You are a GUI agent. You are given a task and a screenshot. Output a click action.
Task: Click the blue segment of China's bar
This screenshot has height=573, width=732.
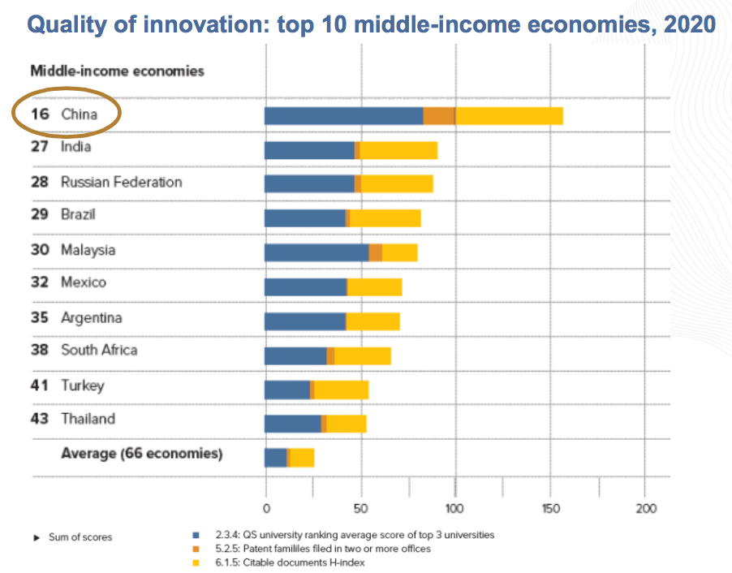(x=343, y=115)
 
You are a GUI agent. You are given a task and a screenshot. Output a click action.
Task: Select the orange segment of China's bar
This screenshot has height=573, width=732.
(x=439, y=115)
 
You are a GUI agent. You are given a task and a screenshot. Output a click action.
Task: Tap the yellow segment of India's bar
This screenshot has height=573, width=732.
(x=398, y=150)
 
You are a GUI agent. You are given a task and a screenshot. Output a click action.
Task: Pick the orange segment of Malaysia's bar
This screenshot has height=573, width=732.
(x=376, y=252)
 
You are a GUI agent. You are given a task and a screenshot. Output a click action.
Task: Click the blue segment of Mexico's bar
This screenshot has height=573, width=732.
(x=305, y=286)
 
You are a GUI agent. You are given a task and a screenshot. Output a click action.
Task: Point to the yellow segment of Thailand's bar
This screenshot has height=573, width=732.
(x=347, y=423)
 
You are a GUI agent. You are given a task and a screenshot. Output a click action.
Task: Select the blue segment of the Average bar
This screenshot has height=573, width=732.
(x=275, y=458)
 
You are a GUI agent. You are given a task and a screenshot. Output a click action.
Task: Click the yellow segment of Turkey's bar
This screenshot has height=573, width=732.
(x=341, y=390)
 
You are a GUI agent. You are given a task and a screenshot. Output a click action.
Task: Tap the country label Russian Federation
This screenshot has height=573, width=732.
(x=122, y=182)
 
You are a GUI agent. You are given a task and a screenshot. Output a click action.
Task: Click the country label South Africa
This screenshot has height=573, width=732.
(x=99, y=350)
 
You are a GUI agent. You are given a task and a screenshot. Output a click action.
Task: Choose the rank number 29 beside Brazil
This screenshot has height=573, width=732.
(x=40, y=215)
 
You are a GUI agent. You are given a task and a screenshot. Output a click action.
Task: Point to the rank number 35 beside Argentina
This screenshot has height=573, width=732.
(x=40, y=317)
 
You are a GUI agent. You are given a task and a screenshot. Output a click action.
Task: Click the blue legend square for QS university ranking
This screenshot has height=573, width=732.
(x=195, y=536)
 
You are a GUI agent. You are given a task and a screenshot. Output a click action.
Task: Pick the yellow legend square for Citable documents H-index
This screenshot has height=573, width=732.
(x=195, y=562)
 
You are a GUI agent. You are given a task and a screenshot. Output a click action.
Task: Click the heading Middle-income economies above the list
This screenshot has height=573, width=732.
(x=117, y=71)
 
